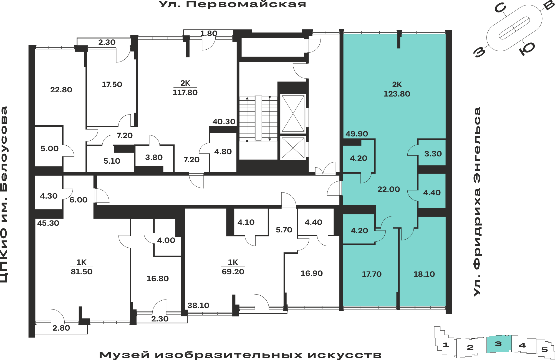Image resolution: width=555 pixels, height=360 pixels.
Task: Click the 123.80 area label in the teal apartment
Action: (x=397, y=94)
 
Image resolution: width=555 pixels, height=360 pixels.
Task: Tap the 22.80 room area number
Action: (x=61, y=90)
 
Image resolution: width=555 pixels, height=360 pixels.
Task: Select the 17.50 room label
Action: (x=112, y=85)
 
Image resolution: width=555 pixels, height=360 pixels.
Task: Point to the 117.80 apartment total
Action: (x=185, y=93)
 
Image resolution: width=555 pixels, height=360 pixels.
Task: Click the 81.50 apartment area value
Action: (x=82, y=272)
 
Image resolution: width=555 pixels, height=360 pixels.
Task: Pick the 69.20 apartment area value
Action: (x=233, y=272)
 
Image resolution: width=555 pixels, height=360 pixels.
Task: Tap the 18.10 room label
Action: (x=424, y=274)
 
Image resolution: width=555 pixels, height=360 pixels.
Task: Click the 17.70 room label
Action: (x=372, y=274)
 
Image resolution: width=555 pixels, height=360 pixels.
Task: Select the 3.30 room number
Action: (x=433, y=154)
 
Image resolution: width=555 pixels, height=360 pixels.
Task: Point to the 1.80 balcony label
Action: (x=209, y=34)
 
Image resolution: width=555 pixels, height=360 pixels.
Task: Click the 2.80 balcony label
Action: (x=61, y=328)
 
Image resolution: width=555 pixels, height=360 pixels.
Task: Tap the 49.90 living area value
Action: (x=357, y=134)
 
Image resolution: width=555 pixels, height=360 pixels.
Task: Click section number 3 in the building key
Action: (x=498, y=344)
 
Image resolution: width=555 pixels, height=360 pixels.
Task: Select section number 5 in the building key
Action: (x=544, y=350)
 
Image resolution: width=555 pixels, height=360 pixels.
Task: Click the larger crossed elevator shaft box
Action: (x=293, y=113)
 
